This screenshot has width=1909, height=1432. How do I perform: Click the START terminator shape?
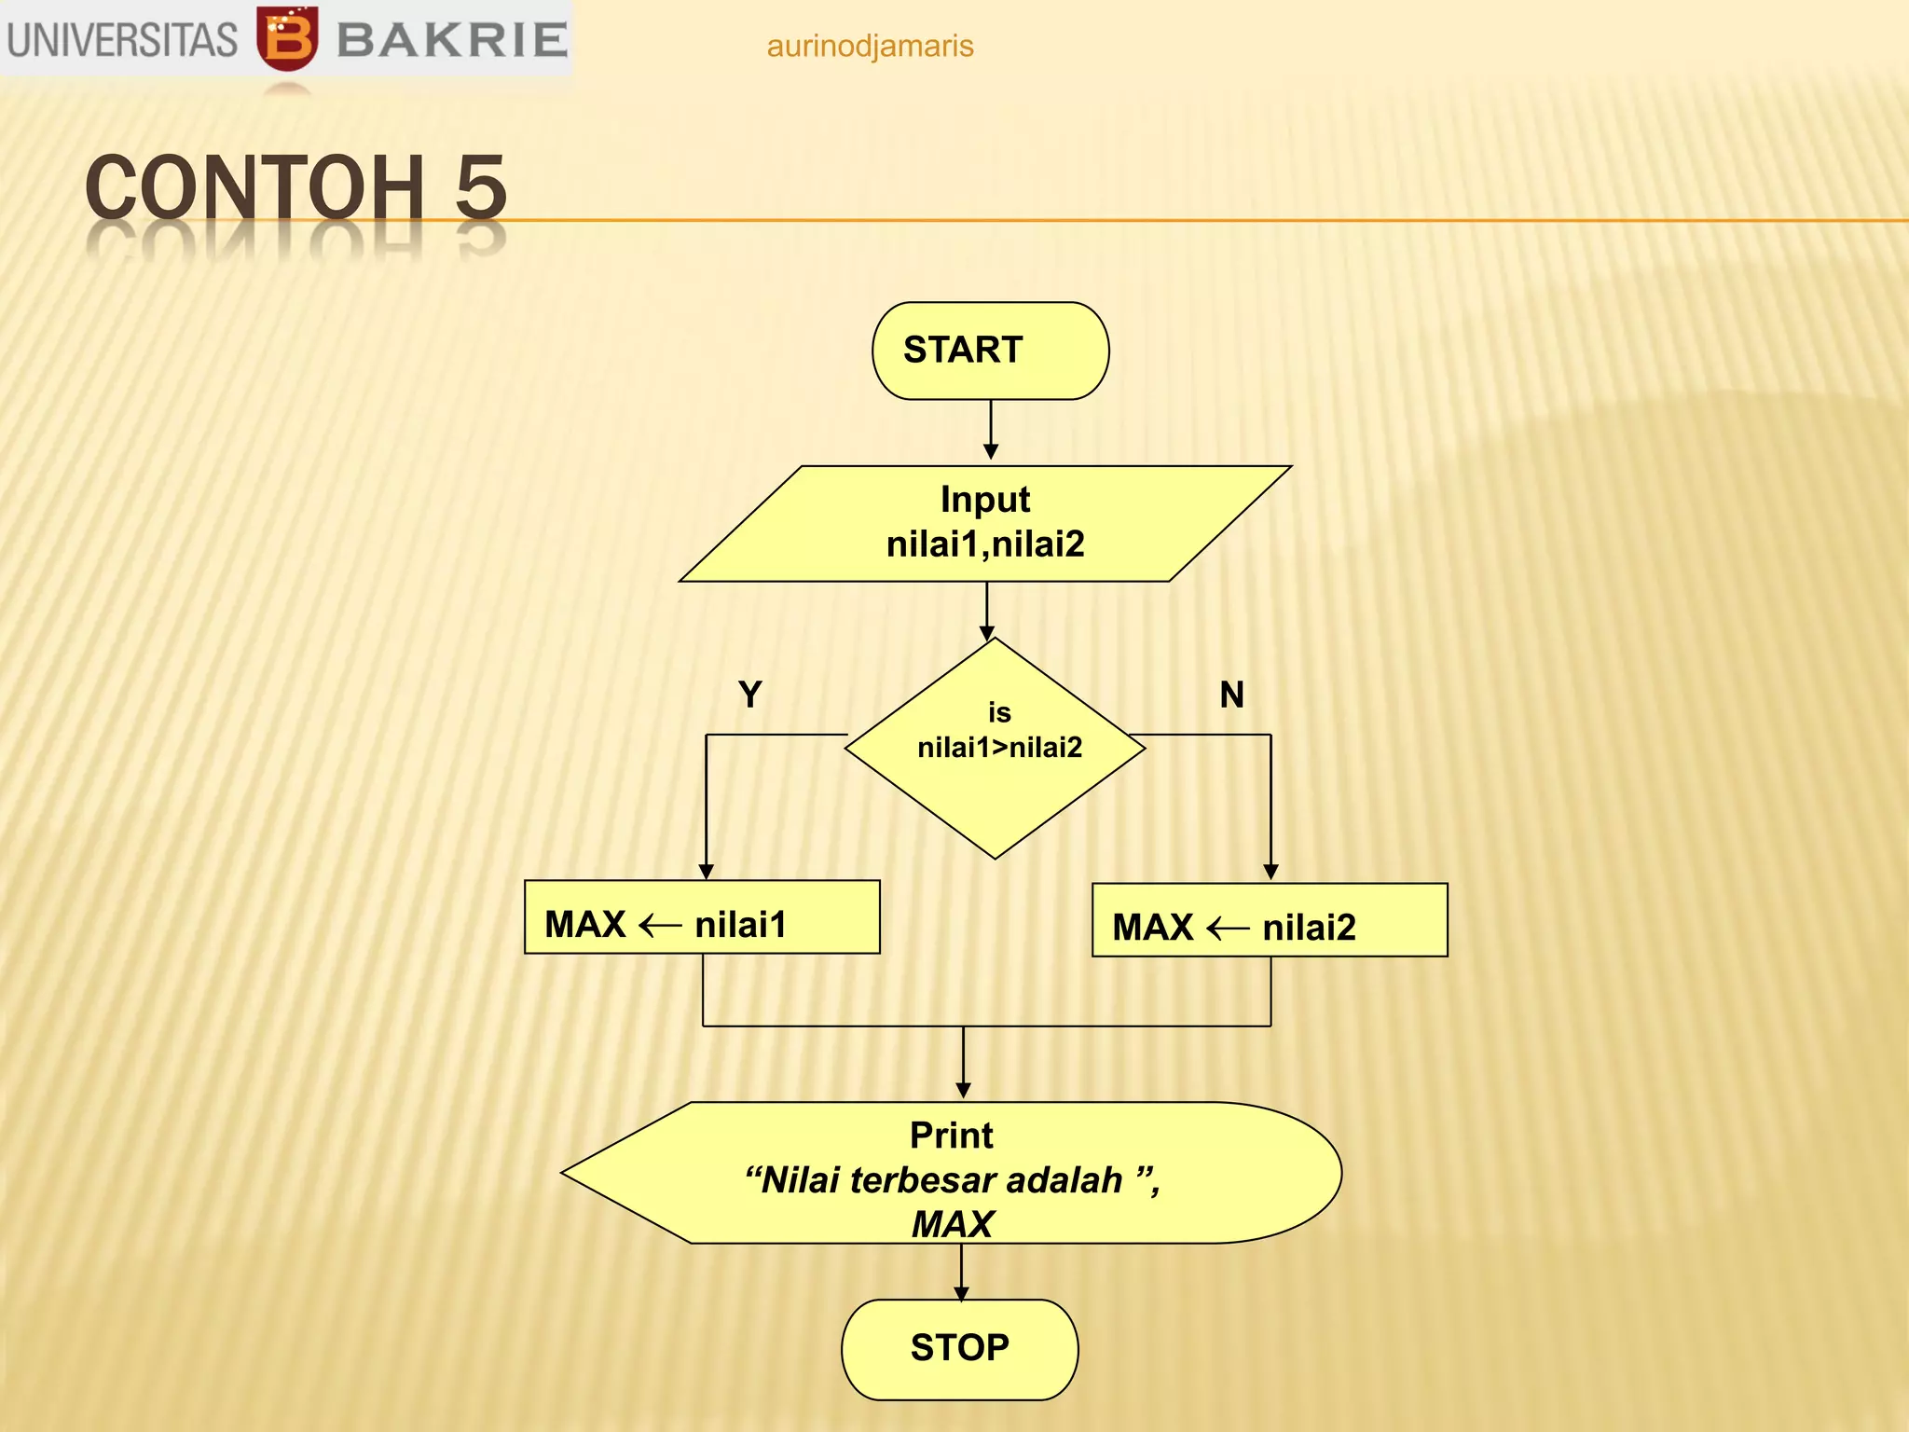tap(990, 351)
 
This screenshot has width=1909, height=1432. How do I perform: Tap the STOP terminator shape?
tap(959, 1349)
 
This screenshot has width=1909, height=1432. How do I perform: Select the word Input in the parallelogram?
tap(985, 500)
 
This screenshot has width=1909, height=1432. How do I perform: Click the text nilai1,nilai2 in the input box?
tap(985, 544)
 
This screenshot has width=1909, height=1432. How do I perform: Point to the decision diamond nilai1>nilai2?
tap(996, 748)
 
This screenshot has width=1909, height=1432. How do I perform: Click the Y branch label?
tap(749, 695)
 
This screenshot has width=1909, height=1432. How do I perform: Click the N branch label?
tap(1231, 695)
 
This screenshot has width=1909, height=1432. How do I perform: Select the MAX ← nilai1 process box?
tap(702, 917)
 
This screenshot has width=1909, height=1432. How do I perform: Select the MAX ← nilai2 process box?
tap(1270, 920)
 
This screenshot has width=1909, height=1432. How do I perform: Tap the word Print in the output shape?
tap(951, 1136)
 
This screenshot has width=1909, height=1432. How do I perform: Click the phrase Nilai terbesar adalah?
tap(941, 1180)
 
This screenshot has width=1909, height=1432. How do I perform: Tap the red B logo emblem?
tap(287, 39)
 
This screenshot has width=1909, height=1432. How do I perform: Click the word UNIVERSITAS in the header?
tap(122, 40)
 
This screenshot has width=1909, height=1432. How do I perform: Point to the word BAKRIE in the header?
tap(452, 40)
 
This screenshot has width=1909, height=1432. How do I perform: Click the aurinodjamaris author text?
tap(870, 46)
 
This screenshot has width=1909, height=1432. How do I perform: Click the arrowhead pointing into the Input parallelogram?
tap(991, 452)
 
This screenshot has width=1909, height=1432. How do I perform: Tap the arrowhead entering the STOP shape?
tap(961, 1293)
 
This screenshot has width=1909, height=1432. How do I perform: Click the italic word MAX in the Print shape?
tap(953, 1224)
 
